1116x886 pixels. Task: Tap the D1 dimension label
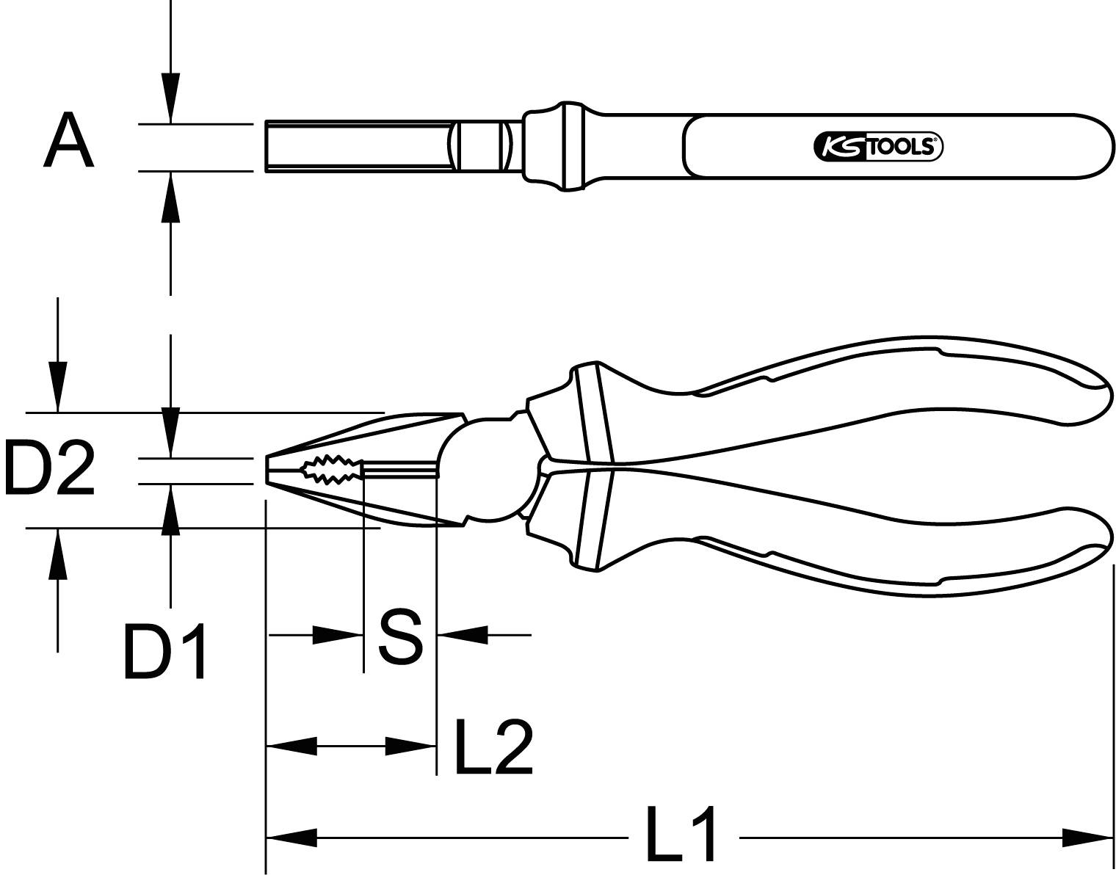(x=165, y=651)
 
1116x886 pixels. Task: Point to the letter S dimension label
(x=400, y=636)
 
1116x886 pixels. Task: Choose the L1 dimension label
(x=681, y=835)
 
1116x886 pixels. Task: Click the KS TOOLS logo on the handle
(x=877, y=148)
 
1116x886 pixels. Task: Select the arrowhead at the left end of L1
(x=291, y=836)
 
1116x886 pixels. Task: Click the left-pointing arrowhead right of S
(x=463, y=635)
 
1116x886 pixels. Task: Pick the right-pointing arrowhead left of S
(x=338, y=635)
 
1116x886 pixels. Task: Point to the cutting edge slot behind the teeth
(x=400, y=470)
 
